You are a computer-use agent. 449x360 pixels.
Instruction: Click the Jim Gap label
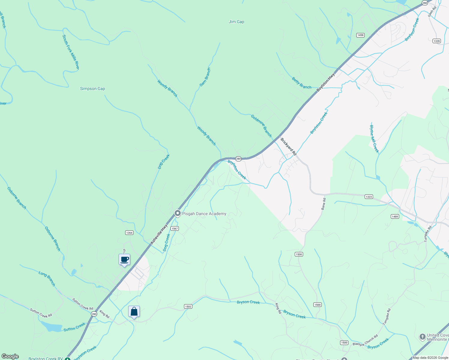[237, 22]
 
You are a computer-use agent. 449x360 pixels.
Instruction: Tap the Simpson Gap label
[92, 88]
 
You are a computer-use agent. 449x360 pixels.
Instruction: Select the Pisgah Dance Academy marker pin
[178, 213]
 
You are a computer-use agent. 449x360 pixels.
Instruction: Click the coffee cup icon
[124, 260]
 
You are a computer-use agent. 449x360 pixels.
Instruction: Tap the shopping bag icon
[134, 312]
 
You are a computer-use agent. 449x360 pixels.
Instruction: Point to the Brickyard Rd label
[288, 146]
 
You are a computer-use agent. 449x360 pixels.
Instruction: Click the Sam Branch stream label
[205, 77]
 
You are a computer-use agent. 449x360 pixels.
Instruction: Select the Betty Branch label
[302, 83]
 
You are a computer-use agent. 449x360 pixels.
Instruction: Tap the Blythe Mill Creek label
[374, 139]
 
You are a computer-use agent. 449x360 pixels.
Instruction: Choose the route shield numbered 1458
[360, 35]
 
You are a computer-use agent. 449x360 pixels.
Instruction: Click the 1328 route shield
[437, 41]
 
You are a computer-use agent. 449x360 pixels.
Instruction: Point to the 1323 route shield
[369, 197]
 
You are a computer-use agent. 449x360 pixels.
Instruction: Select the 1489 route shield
[395, 217]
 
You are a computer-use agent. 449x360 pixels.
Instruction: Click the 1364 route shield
[129, 233]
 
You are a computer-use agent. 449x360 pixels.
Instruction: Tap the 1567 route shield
[175, 229]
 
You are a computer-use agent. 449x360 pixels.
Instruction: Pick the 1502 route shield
[188, 307]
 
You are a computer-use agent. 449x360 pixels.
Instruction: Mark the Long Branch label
[47, 278]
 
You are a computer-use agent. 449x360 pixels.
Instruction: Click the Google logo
[10, 356]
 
